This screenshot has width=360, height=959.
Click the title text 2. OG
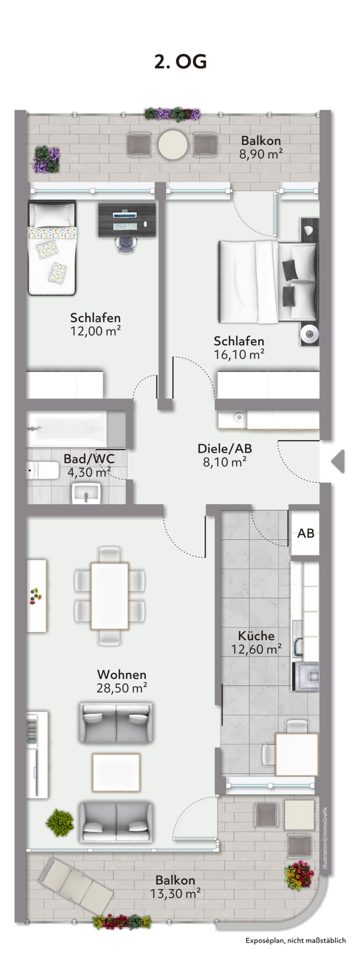[x=181, y=62]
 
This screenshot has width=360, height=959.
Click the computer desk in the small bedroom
[x=127, y=220]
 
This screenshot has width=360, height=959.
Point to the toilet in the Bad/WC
[x=43, y=471]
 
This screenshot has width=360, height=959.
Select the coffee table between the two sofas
[x=116, y=772]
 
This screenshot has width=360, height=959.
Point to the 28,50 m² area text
[x=122, y=688]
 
